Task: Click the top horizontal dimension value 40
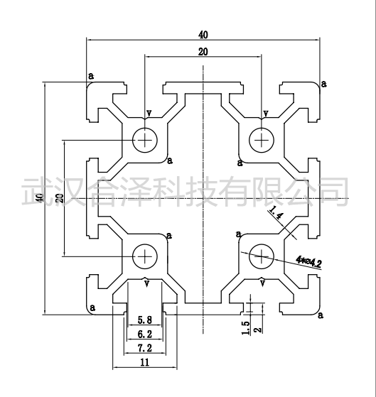[203, 35]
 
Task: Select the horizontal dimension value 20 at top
[203, 52]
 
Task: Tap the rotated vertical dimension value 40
[40, 198]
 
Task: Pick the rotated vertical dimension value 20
[60, 198]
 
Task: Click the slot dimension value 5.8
[145, 320]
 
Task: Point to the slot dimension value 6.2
[145, 335]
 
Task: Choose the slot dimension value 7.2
[145, 348]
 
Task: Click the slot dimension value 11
[145, 362]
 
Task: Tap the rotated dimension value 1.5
[245, 328]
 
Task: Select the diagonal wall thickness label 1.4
[276, 212]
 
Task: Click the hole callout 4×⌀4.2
[309, 262]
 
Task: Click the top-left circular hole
[145, 140]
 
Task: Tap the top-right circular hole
[262, 140]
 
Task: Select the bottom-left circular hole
[145, 256]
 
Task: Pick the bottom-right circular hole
[262, 256]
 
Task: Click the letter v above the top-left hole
[149, 113]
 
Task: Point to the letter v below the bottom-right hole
[263, 283]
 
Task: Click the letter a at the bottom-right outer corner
[321, 315]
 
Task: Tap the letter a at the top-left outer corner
[91, 75]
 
